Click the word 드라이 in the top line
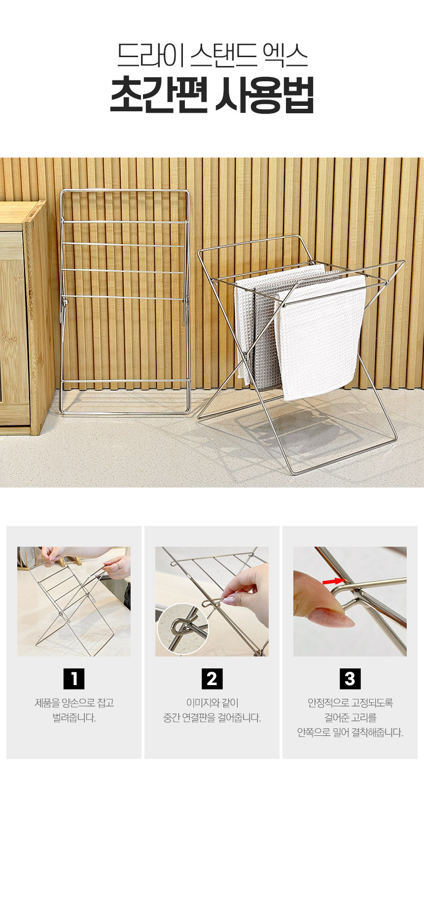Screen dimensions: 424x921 tap(147, 55)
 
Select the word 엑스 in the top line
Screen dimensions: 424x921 tap(285, 55)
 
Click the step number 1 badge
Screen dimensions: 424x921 tap(74, 679)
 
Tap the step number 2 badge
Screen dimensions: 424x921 tap(212, 679)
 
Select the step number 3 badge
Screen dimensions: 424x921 tap(350, 679)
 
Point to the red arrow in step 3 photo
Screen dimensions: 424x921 tap(333, 582)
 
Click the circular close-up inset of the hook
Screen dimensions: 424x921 tap(182, 629)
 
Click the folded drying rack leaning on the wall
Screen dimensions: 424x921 tap(125, 302)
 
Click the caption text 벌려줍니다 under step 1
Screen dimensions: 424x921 tap(74, 718)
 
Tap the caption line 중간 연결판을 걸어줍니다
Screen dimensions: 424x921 tap(212, 718)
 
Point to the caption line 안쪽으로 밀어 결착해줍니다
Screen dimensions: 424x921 tap(350, 733)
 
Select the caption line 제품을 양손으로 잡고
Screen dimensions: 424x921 tap(74, 703)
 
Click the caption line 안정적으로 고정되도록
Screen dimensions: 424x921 tap(350, 703)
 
